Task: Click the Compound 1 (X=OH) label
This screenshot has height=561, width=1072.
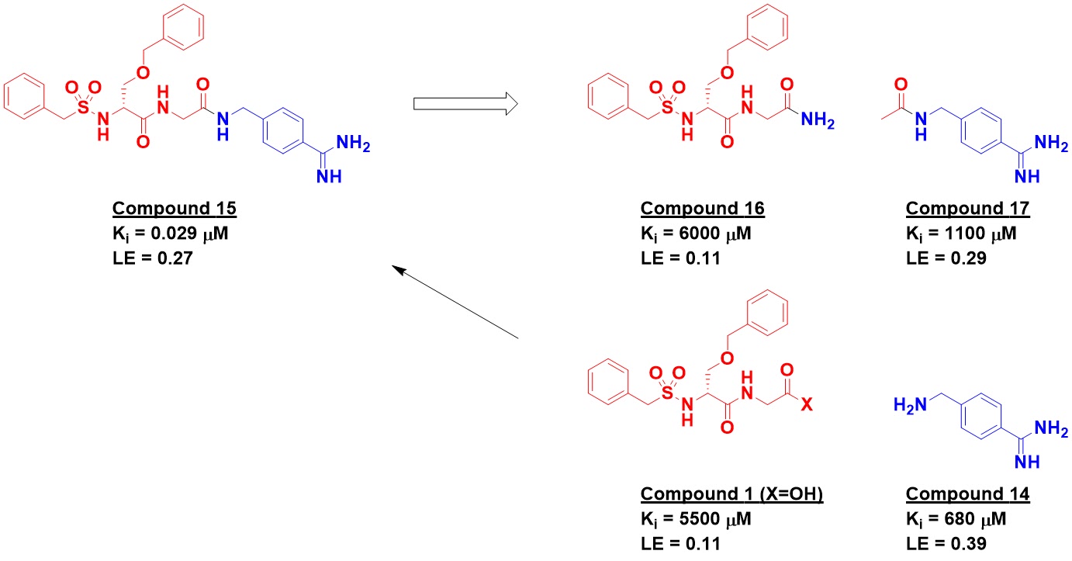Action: coord(731,494)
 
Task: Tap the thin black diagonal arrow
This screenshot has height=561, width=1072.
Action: coord(455,303)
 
